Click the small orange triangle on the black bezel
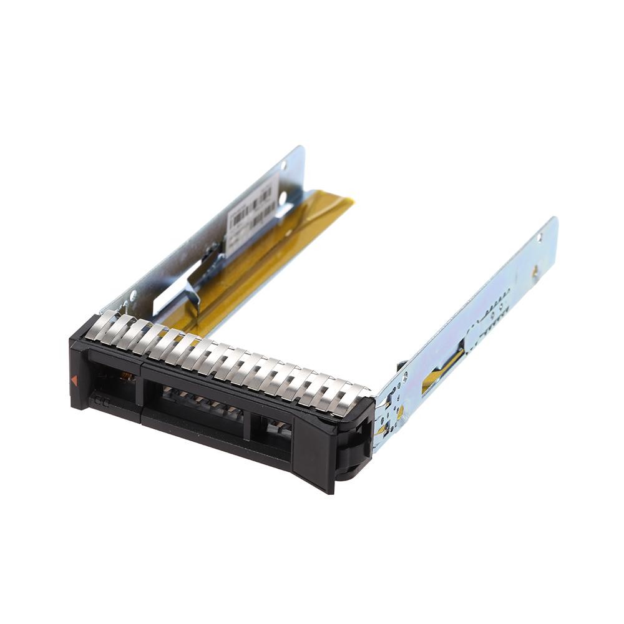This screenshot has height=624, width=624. pos(75,379)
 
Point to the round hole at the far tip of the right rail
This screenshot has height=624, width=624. pos(540,238)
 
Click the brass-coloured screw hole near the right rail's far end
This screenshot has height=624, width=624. pos(535,271)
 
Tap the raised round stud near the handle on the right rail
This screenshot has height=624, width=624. pos(403,377)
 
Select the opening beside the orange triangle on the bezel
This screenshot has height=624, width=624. pos(112,375)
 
